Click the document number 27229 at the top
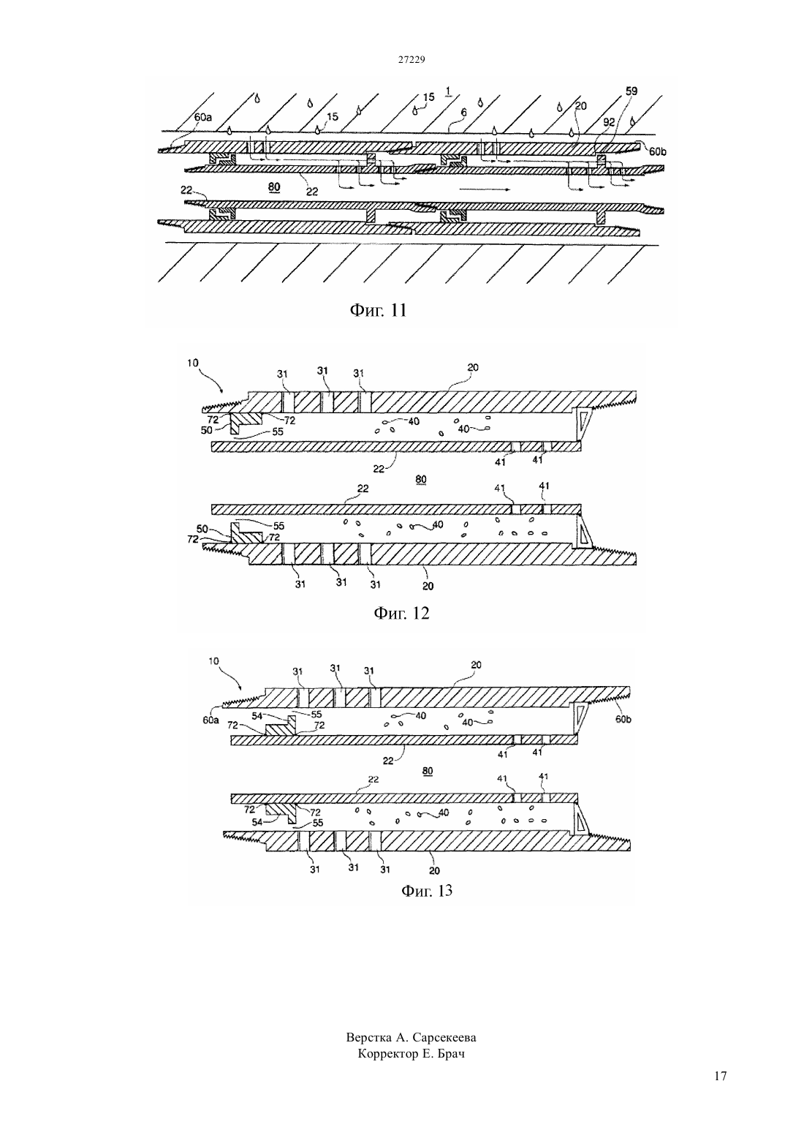click(411, 59)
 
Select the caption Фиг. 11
click(378, 309)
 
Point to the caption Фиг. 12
click(401, 613)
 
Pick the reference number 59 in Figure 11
click(632, 91)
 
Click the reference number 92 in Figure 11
click(609, 122)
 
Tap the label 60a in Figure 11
click(202, 117)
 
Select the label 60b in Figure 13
click(623, 720)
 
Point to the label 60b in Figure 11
click(658, 151)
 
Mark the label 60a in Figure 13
click(211, 720)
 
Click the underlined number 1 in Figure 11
click(447, 91)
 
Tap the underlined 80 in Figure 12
click(421, 479)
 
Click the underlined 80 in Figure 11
click(274, 187)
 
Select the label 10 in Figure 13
click(213, 661)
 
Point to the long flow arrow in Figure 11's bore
click(484, 189)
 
